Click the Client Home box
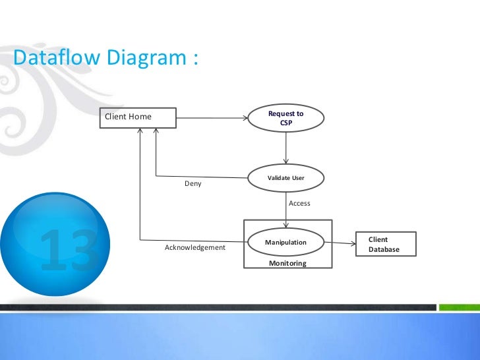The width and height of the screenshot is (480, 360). click(x=138, y=117)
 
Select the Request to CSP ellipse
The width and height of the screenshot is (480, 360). click(x=286, y=118)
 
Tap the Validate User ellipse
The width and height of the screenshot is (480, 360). click(x=286, y=177)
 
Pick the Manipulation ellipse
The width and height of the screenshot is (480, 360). click(x=286, y=242)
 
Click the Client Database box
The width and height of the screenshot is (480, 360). click(x=386, y=244)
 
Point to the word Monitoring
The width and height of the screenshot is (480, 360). click(x=287, y=263)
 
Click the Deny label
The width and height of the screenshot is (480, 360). click(x=193, y=184)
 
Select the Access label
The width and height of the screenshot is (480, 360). click(x=299, y=203)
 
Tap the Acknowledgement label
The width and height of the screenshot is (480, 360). click(x=195, y=247)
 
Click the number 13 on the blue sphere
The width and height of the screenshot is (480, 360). click(x=68, y=251)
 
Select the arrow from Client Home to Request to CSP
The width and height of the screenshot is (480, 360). click(x=211, y=119)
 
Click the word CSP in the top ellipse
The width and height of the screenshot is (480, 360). click(x=286, y=123)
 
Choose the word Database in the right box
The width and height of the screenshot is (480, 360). click(x=384, y=249)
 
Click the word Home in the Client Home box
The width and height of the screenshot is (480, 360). click(x=140, y=117)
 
